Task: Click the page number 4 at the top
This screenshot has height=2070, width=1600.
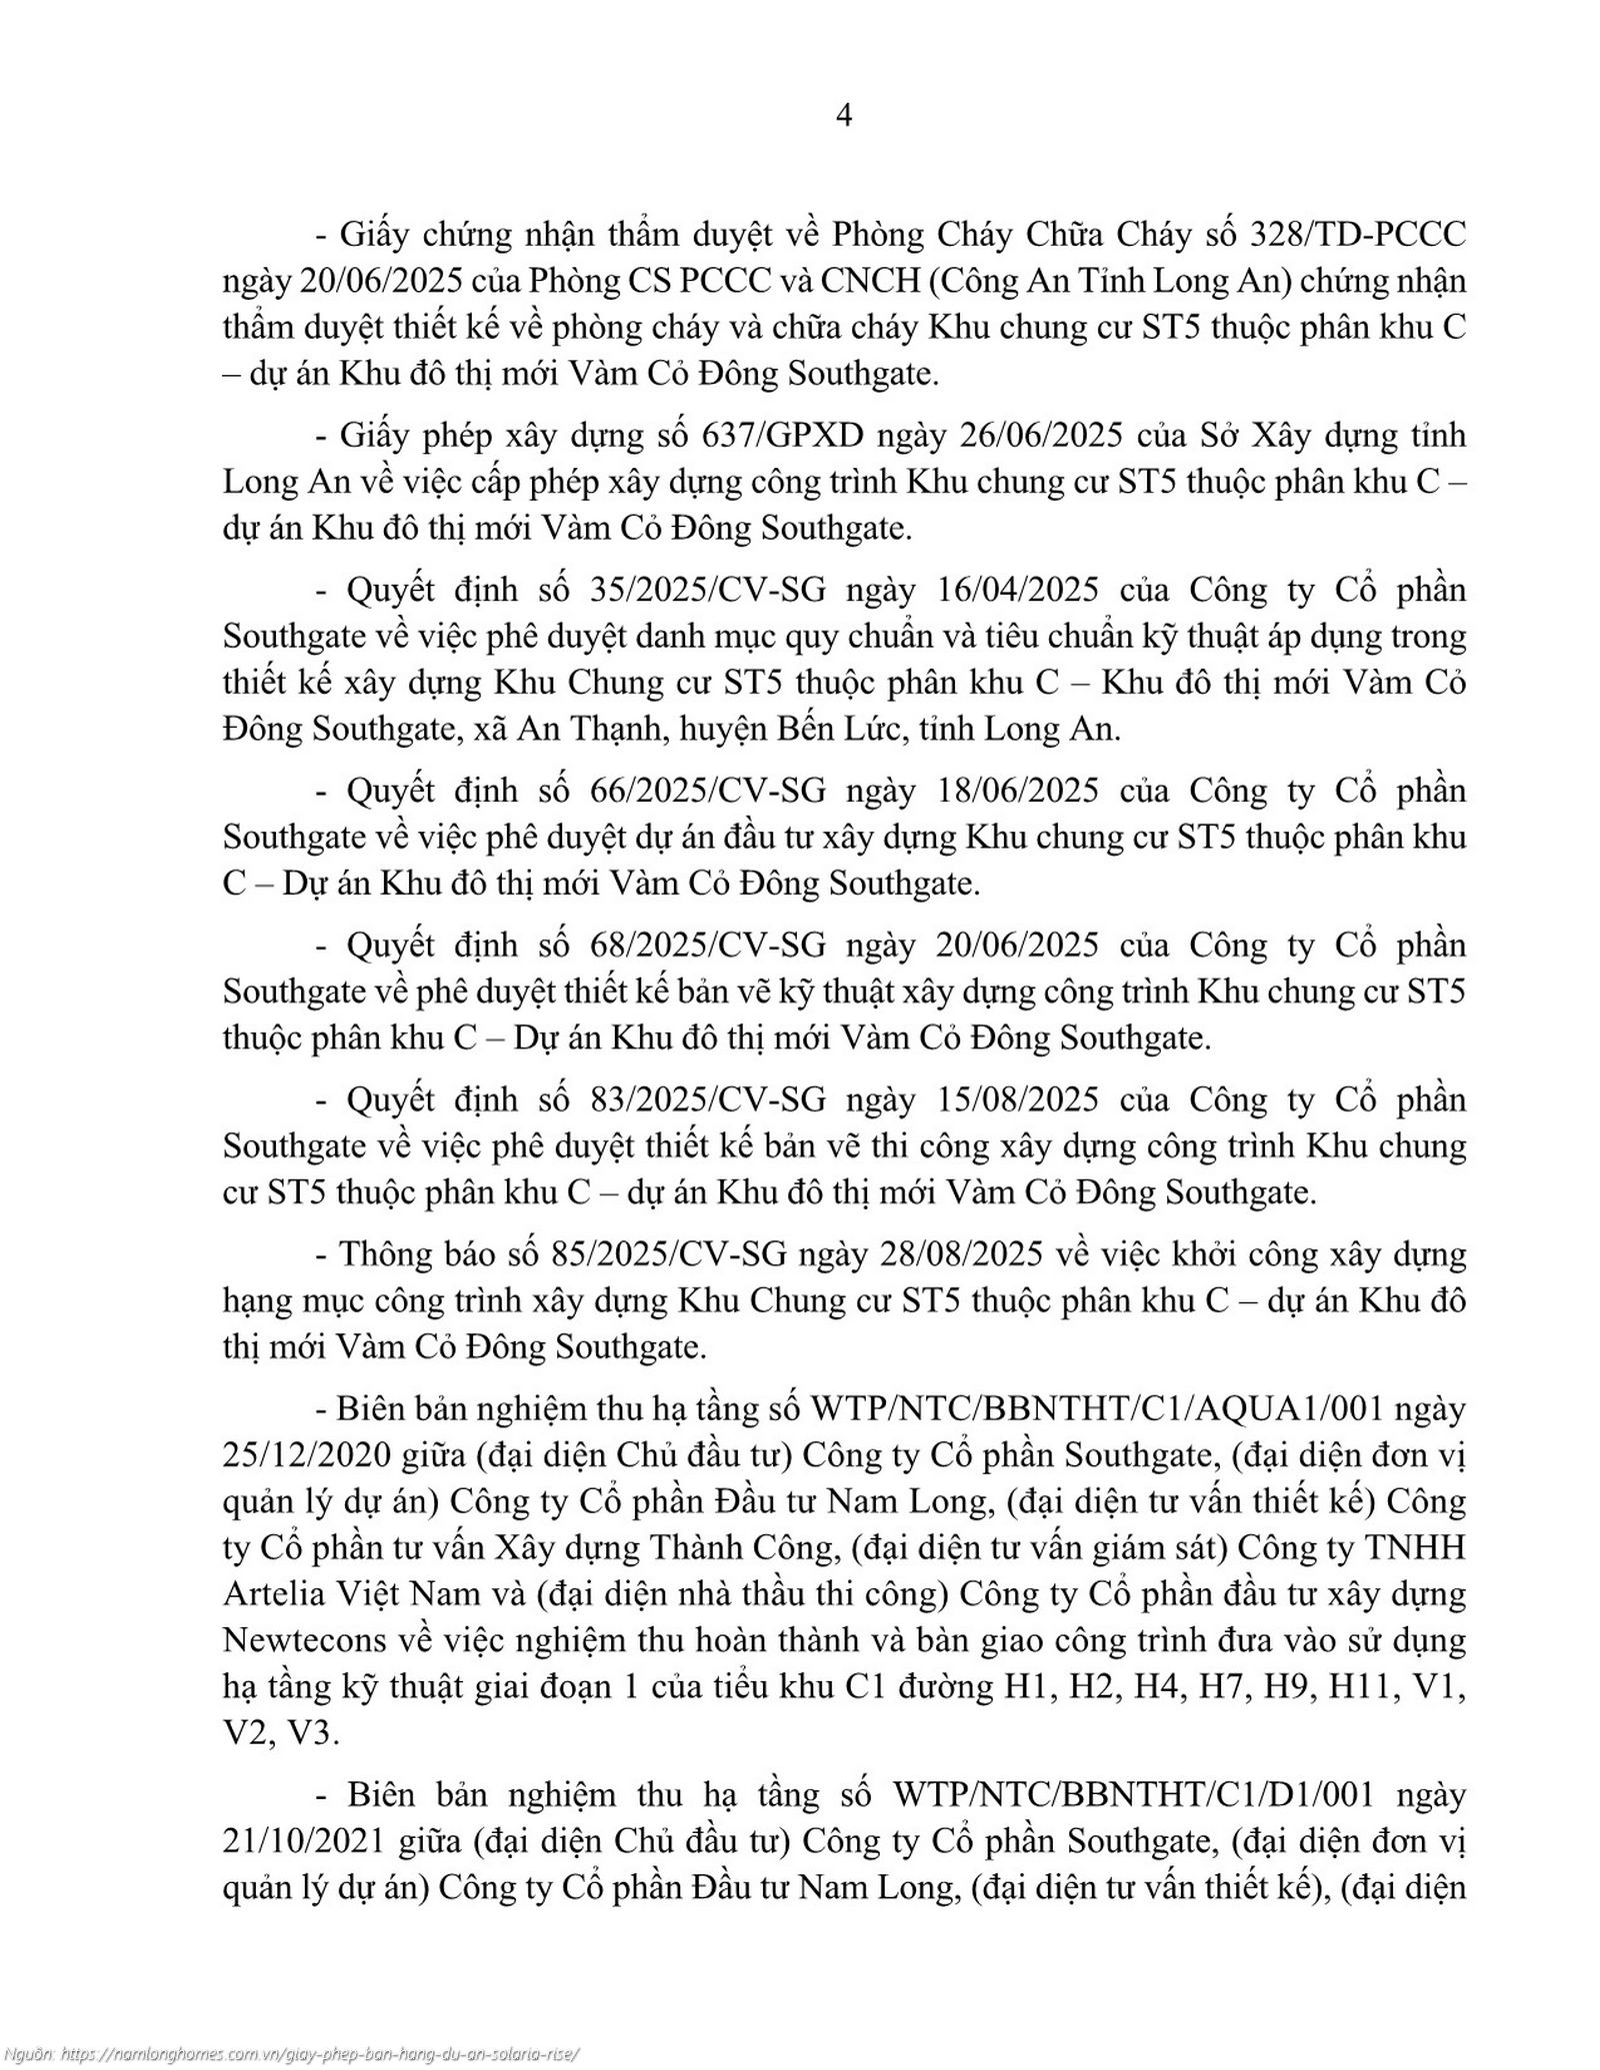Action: pyautogui.click(x=843, y=116)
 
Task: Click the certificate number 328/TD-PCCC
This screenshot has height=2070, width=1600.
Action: pyautogui.click(x=1358, y=235)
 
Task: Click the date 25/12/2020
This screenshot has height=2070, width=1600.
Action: pyautogui.click(x=306, y=1454)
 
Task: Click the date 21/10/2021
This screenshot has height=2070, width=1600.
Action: pyautogui.click(x=306, y=1841)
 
